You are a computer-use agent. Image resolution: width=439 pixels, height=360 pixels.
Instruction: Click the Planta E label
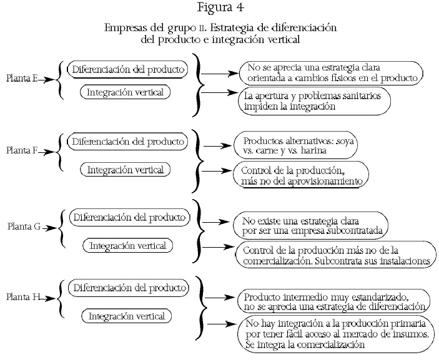tap(22, 79)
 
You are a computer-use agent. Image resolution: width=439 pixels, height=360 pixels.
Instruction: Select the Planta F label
tap(22, 151)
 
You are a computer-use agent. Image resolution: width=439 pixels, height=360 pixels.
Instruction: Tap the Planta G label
tap(24, 228)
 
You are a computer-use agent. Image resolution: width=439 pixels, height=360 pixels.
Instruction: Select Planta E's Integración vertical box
tap(126, 92)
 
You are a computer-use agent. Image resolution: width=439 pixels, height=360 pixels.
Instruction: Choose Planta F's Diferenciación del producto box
tap(128, 141)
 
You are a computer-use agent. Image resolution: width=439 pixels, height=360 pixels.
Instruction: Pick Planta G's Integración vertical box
tap(127, 245)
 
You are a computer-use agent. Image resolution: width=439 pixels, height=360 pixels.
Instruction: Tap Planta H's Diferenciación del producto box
tap(130, 288)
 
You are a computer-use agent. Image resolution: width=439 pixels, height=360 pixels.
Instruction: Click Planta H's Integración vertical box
tap(126, 316)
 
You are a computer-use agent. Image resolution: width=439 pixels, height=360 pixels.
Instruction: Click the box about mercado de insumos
tap(336, 334)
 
